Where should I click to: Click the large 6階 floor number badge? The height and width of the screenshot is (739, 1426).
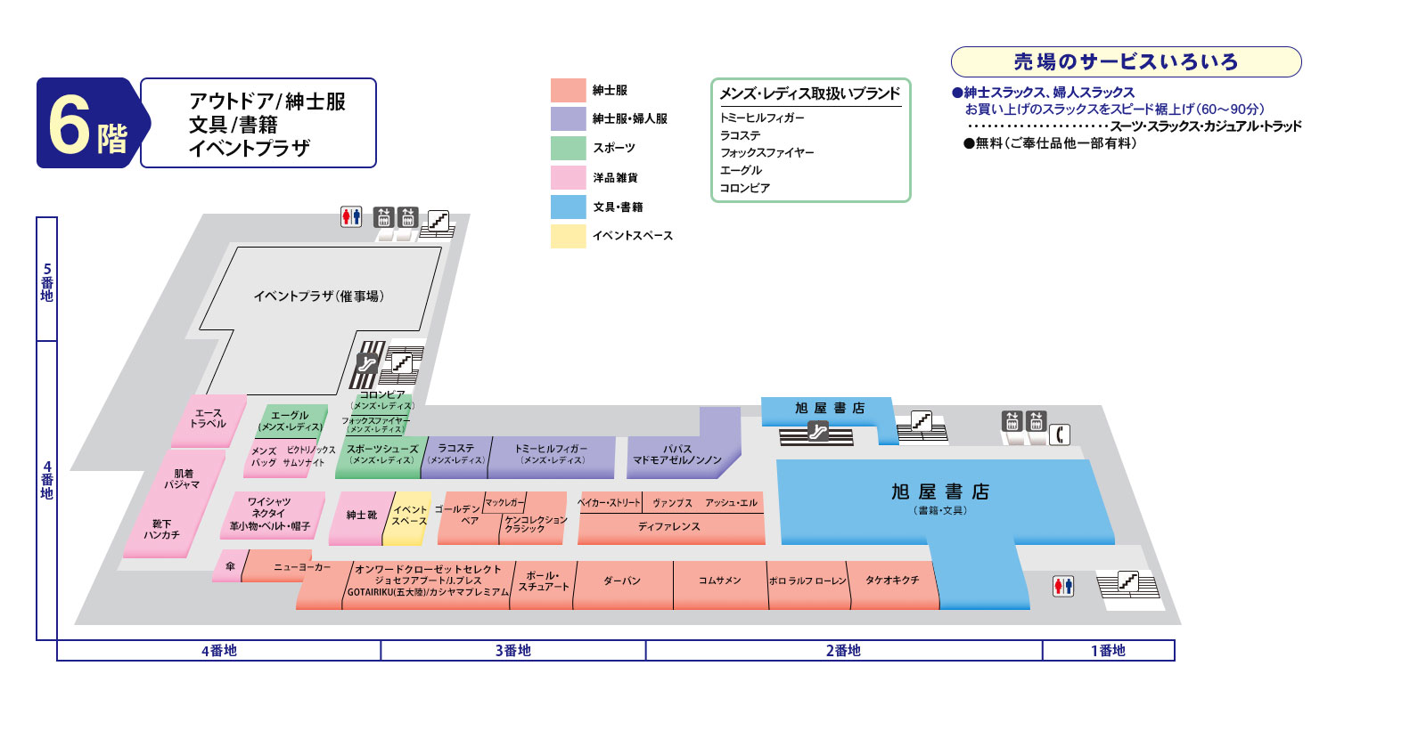click(87, 124)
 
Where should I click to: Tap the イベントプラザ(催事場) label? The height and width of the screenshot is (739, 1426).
click(318, 296)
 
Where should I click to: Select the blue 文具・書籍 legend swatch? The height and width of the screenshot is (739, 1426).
click(568, 207)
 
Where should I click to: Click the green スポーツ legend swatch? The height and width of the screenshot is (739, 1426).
click(568, 148)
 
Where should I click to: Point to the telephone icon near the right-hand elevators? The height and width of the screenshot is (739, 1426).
click(1060, 434)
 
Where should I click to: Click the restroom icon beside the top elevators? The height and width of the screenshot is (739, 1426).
click(351, 216)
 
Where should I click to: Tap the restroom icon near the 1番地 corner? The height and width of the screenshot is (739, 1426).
click(1063, 586)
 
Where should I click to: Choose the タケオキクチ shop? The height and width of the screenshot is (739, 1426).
click(891, 581)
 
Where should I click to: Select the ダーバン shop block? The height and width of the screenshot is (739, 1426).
click(622, 581)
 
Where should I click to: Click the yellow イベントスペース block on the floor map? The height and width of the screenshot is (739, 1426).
click(409, 516)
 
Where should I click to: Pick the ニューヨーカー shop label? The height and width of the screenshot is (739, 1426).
click(300, 567)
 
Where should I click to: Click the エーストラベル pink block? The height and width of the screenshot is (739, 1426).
click(209, 418)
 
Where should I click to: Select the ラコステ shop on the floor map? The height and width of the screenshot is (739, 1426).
click(456, 454)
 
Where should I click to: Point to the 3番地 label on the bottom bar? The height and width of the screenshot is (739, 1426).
click(512, 651)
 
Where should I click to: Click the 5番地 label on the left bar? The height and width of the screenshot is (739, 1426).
click(46, 281)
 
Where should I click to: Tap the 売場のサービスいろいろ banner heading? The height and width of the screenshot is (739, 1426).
click(1126, 62)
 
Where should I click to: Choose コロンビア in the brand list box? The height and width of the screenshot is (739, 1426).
click(745, 188)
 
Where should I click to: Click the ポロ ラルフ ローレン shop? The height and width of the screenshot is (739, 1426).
click(807, 581)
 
